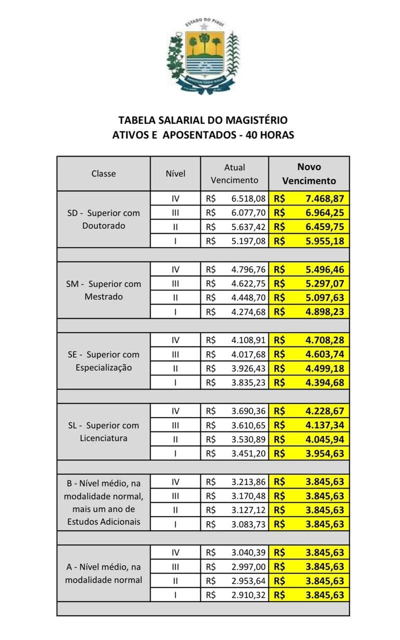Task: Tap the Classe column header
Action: coord(103,173)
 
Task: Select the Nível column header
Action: coord(175,173)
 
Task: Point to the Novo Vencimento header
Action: coord(309,173)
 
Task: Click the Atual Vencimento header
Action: coord(234,173)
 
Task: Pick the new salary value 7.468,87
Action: coord(324,198)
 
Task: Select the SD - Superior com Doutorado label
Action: coord(103,219)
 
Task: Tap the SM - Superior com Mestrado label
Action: coord(103,290)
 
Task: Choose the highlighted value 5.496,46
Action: coord(324,269)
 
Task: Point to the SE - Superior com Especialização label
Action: coord(103,361)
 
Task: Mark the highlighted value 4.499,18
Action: coord(324,368)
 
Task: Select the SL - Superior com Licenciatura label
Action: coord(103,431)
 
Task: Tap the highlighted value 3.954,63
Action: coord(324,453)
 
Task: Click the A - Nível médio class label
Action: coord(103,573)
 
